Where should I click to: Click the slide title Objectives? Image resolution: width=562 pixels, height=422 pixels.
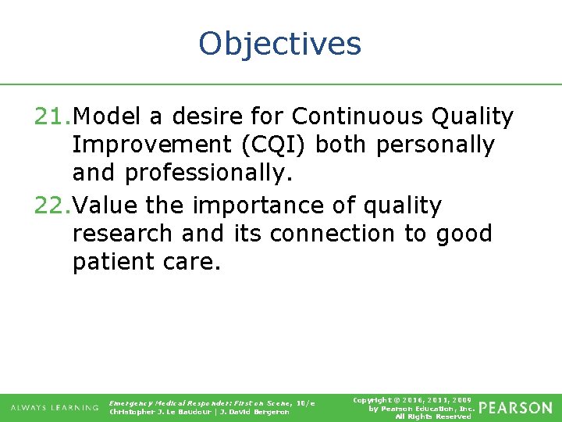coord(280,43)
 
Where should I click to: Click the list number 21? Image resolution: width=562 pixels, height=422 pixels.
coord(52,117)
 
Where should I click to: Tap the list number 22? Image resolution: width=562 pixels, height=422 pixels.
coord(52,206)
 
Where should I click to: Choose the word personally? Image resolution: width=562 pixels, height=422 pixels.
coord(446,145)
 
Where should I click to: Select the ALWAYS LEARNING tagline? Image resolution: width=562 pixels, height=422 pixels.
coord(55,408)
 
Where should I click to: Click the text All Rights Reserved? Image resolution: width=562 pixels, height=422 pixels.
coord(433,417)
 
